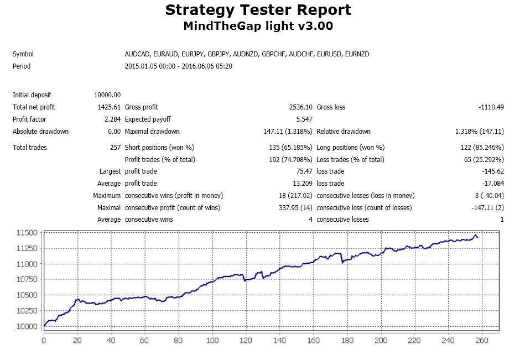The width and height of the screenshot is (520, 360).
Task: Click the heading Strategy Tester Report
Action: (x=258, y=9)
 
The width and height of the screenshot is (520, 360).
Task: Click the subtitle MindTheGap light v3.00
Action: (x=258, y=26)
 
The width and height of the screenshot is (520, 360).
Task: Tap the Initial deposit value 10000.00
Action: (x=107, y=95)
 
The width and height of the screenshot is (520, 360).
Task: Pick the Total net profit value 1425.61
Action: (x=109, y=107)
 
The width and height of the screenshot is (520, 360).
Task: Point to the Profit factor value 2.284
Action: (x=112, y=119)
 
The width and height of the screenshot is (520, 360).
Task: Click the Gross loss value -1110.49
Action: (x=491, y=107)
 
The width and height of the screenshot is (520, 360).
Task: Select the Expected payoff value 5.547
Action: (x=304, y=119)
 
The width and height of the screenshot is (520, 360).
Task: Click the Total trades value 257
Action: (x=116, y=148)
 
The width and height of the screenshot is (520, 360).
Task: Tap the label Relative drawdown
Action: (x=344, y=132)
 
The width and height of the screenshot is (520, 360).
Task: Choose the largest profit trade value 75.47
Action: (x=304, y=171)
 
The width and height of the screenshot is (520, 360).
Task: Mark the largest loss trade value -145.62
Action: (x=493, y=171)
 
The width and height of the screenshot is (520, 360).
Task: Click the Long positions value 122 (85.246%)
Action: (x=482, y=148)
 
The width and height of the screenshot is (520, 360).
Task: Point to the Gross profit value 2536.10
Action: (x=300, y=107)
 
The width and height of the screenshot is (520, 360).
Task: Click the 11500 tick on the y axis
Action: (x=27, y=233)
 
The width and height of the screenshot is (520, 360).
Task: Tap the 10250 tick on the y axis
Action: (x=27, y=311)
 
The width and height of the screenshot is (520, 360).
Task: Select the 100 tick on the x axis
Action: (x=212, y=341)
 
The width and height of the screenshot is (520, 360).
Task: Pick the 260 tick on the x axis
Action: (x=482, y=341)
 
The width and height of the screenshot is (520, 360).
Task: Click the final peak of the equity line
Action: (x=476, y=235)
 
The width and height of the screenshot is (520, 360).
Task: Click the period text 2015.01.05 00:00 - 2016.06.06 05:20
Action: (x=179, y=66)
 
